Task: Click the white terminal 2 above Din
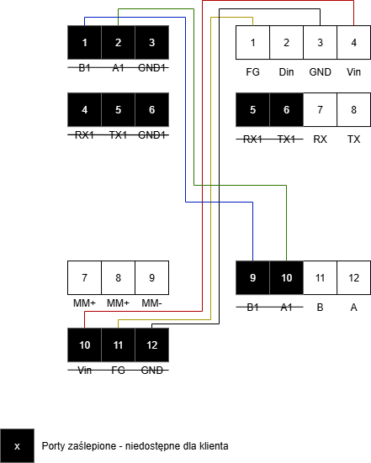coord(286,43)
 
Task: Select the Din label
coord(286,72)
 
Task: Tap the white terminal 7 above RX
coord(320,110)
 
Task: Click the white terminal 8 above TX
coord(353,110)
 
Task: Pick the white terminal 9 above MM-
coord(152,277)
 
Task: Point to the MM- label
coord(151,303)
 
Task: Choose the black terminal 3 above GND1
coord(152,43)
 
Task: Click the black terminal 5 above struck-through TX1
coord(119,110)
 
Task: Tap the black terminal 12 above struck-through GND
coord(152,345)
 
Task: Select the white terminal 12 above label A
coord(353,277)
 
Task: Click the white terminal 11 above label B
coord(320,277)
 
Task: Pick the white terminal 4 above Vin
coord(353,43)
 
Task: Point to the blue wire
coord(185,118)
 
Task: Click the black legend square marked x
coord(17,446)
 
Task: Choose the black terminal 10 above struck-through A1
coord(286,277)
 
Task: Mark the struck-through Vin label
coord(84,371)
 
